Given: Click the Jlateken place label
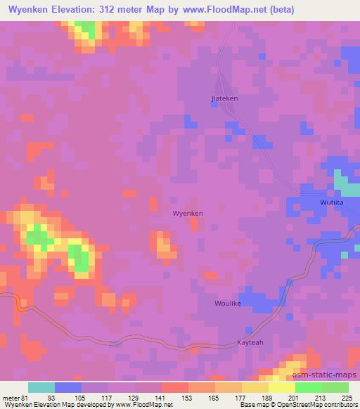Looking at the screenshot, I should (224, 98).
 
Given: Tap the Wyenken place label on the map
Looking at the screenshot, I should (188, 213).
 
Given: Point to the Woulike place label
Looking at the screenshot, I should (228, 304).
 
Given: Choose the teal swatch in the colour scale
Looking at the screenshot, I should (41, 388).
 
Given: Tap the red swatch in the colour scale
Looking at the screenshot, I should (174, 388).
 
